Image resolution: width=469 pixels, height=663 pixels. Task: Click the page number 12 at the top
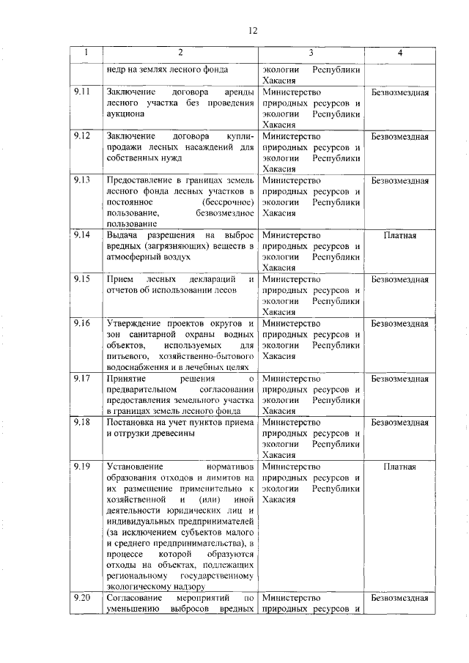point(253,30)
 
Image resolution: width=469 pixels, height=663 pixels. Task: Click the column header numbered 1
point(86,53)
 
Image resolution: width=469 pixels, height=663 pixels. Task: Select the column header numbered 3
point(311,53)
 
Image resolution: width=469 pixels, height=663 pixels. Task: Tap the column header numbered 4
point(399,53)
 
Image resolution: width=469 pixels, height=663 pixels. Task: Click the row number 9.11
point(82,92)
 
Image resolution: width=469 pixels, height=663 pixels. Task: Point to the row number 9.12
point(82,136)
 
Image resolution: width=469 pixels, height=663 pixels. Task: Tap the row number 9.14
point(82,235)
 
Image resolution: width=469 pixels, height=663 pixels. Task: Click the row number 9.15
point(82,279)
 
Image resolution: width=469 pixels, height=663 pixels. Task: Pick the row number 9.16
point(82,323)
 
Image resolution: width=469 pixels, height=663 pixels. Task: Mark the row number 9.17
point(82,378)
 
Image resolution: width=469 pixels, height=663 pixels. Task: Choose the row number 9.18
point(82,422)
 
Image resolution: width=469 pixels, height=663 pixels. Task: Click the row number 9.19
point(82,466)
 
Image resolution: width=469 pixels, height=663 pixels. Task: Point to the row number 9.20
point(82,598)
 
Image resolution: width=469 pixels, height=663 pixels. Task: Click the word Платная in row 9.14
point(399,235)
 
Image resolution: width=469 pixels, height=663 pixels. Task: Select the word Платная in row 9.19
point(399,466)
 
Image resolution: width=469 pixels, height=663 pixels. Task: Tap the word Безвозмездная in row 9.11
point(399,92)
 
